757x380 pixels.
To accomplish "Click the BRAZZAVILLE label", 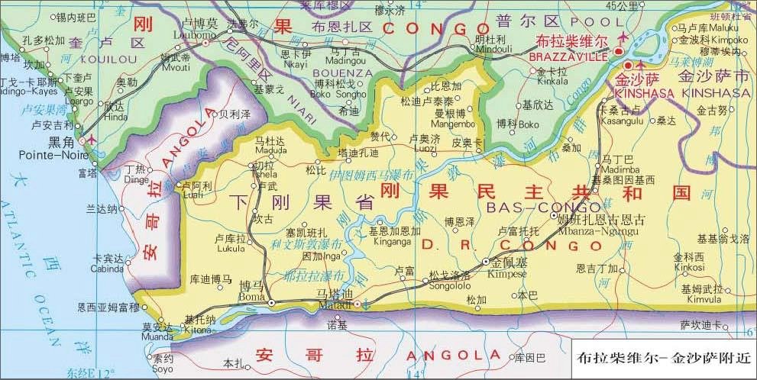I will click(x=571, y=56).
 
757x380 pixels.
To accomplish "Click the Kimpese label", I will click(x=500, y=272).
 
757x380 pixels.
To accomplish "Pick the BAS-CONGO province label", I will click(x=532, y=207).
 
